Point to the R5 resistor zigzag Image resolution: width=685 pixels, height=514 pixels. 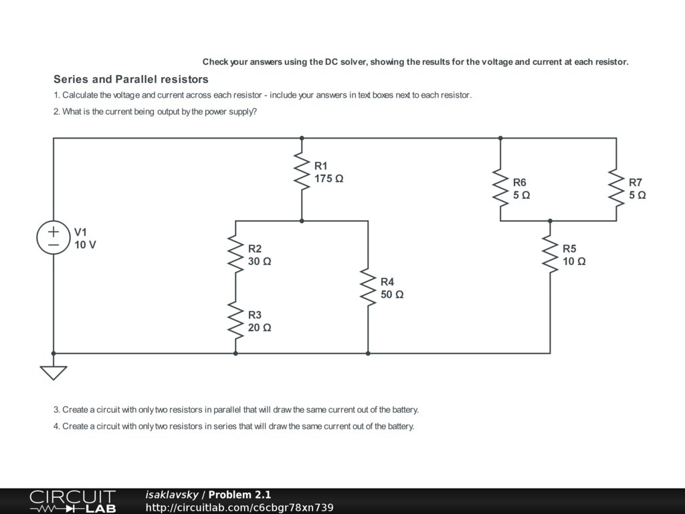[550, 254]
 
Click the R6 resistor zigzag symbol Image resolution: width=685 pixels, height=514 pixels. [500, 188]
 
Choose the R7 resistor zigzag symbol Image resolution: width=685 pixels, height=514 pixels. [616, 188]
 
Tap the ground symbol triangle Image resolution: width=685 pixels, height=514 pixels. [54, 372]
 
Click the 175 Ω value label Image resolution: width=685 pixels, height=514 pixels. [329, 179]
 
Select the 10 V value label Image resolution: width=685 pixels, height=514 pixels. [85, 245]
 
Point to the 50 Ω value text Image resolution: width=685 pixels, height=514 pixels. [392, 294]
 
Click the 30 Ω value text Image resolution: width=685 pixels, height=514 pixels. [260, 262]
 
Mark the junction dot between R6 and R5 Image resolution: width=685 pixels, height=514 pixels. [550, 220]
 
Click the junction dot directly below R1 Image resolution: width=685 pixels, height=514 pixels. [302, 220]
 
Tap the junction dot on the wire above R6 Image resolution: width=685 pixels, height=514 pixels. [500, 138]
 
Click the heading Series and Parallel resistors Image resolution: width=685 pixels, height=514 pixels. [131, 79]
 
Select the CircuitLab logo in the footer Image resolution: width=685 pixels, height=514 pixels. [72, 501]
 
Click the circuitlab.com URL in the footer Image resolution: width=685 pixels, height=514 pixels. [239, 507]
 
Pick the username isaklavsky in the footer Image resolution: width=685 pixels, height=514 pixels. [172, 495]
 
